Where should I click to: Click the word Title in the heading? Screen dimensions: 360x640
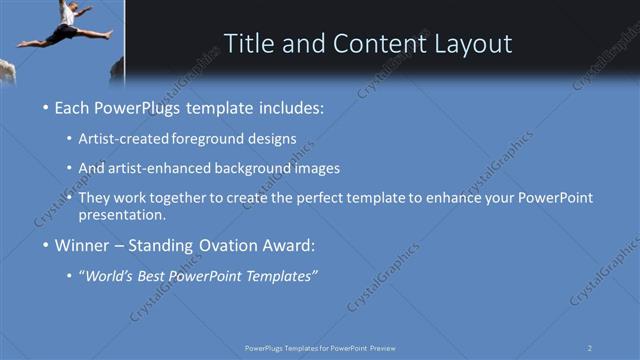[x=249, y=44]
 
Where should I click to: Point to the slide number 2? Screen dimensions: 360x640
[x=591, y=347]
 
